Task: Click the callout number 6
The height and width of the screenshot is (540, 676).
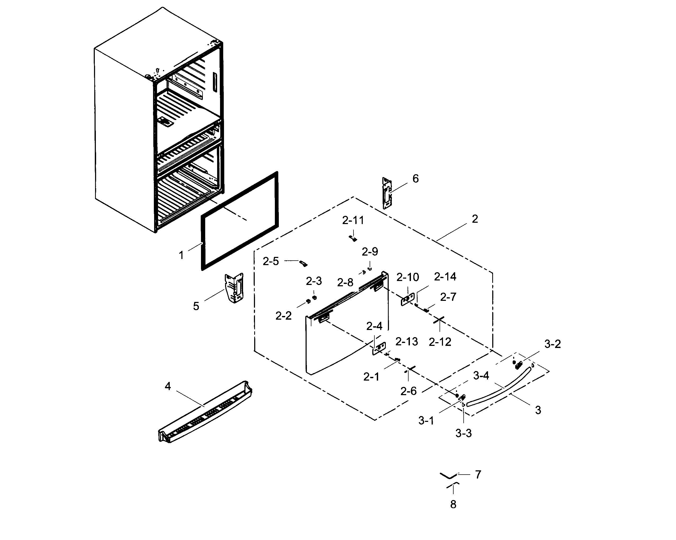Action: [x=415, y=179]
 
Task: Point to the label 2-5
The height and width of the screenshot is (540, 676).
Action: [x=271, y=261]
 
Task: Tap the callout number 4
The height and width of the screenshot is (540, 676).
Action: [x=168, y=386]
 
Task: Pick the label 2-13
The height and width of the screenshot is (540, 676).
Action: [x=406, y=341]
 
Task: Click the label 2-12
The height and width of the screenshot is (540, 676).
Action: [x=440, y=342]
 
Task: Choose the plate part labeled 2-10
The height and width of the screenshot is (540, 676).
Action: [x=408, y=299]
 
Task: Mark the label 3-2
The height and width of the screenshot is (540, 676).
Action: [x=552, y=344]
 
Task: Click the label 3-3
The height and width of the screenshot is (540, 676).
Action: [x=463, y=433]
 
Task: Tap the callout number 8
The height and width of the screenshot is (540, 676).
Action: [x=453, y=505]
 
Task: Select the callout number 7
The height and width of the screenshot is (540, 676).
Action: [x=478, y=475]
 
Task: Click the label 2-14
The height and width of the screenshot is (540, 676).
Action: [x=445, y=276]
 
